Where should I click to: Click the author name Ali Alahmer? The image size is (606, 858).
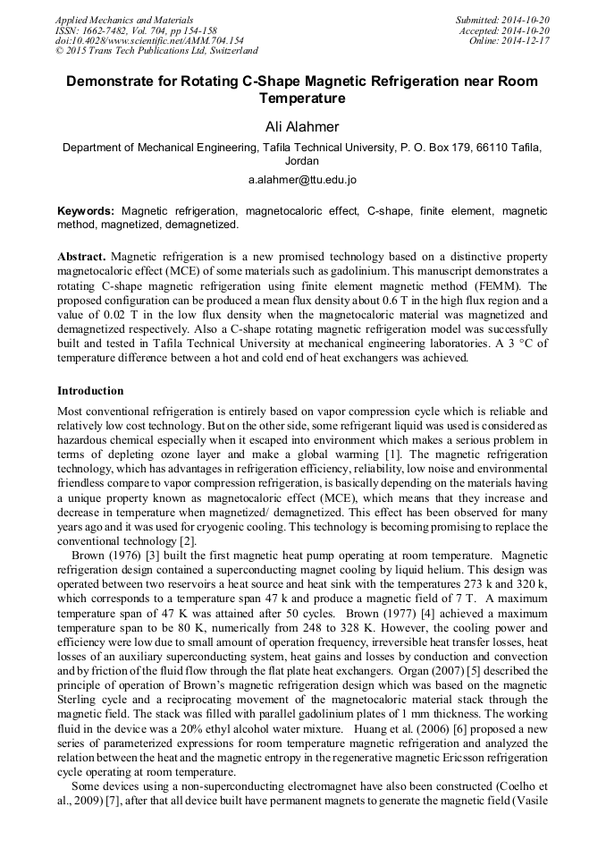[302, 126]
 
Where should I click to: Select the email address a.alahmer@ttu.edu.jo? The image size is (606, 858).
[302, 180]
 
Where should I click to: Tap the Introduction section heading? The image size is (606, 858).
[90, 391]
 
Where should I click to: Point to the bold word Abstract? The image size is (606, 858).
[81, 256]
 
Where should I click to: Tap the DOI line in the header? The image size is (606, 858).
[149, 41]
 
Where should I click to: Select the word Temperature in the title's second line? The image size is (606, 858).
[302, 98]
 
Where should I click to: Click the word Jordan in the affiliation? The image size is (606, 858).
[302, 162]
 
